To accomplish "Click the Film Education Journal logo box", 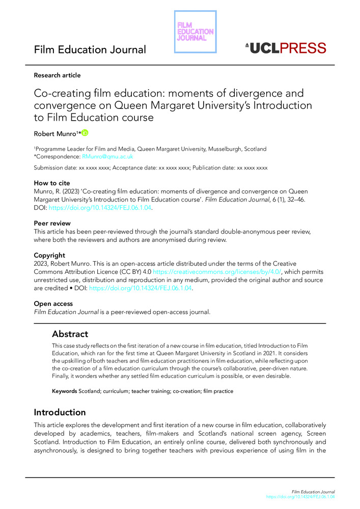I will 195,31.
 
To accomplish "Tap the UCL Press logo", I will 285,48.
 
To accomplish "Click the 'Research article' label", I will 57,75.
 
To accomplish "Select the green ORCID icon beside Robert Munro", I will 85,133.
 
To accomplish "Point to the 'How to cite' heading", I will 52,183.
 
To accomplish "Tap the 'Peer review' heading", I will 51,223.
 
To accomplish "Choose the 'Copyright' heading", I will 50,255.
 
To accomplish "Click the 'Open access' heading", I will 53,304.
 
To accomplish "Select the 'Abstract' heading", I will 70,334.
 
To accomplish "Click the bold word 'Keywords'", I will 64,391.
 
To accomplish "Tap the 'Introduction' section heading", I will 60,412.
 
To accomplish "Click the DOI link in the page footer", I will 301,497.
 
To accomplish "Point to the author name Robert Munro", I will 54,134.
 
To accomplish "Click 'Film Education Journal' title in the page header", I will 90,50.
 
